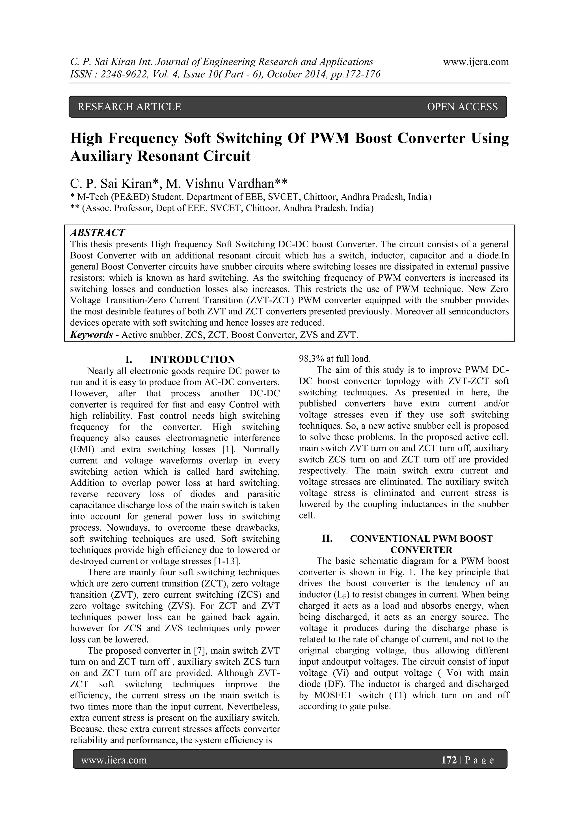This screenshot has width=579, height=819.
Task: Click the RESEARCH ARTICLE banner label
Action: tap(129, 107)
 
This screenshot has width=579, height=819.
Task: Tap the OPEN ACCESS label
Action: tap(462, 107)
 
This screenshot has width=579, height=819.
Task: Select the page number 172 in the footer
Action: tap(449, 760)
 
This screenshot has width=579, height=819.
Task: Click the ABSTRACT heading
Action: tap(97, 233)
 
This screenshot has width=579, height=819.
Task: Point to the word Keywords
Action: tap(91, 335)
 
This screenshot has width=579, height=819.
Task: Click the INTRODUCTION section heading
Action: tap(192, 359)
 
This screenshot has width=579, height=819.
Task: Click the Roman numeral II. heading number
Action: tap(327, 538)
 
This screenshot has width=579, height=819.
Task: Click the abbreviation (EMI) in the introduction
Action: tap(82, 449)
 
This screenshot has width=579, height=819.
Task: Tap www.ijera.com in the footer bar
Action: tap(114, 760)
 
